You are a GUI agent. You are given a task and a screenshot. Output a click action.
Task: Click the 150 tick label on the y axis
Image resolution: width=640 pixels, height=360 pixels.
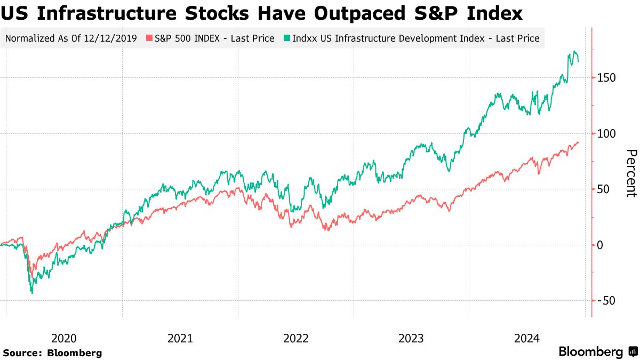(x=606, y=78)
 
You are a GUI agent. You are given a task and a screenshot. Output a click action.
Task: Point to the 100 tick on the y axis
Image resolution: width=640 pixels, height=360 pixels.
(x=606, y=134)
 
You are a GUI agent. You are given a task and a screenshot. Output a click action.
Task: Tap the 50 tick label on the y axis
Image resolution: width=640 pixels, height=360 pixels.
(x=604, y=189)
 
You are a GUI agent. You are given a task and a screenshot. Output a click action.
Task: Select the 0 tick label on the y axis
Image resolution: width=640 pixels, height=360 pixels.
(x=601, y=245)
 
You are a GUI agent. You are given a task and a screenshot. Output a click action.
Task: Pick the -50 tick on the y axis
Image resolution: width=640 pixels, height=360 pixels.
(x=606, y=301)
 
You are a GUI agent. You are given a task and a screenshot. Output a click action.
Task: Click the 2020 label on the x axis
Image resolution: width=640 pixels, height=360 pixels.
(x=64, y=338)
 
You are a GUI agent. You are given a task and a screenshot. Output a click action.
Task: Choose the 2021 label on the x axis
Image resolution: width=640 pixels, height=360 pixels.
(x=180, y=338)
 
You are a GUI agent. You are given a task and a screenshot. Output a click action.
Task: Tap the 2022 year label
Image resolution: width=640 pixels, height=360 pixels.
(x=296, y=338)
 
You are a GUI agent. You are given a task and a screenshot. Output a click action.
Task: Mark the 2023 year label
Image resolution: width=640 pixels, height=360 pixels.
(x=411, y=338)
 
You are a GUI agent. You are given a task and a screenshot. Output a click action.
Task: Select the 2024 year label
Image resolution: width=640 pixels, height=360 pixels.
(x=527, y=338)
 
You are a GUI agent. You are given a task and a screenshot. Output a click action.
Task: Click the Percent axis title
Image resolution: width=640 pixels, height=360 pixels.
(x=630, y=173)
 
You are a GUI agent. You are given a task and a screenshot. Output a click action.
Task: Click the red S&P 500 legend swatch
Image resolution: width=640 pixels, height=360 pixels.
(x=150, y=38)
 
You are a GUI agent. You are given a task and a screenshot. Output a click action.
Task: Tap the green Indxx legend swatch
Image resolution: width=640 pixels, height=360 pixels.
(x=287, y=38)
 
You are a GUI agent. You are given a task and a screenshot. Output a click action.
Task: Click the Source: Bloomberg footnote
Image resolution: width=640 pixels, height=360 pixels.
(x=52, y=353)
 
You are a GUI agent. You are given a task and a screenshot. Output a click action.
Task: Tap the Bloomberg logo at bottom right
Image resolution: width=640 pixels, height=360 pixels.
(x=598, y=352)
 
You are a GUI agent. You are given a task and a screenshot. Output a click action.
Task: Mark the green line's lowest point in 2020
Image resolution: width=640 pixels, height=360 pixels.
(x=32, y=293)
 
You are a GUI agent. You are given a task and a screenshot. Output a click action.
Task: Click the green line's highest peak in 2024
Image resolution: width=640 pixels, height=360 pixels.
(x=574, y=52)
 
